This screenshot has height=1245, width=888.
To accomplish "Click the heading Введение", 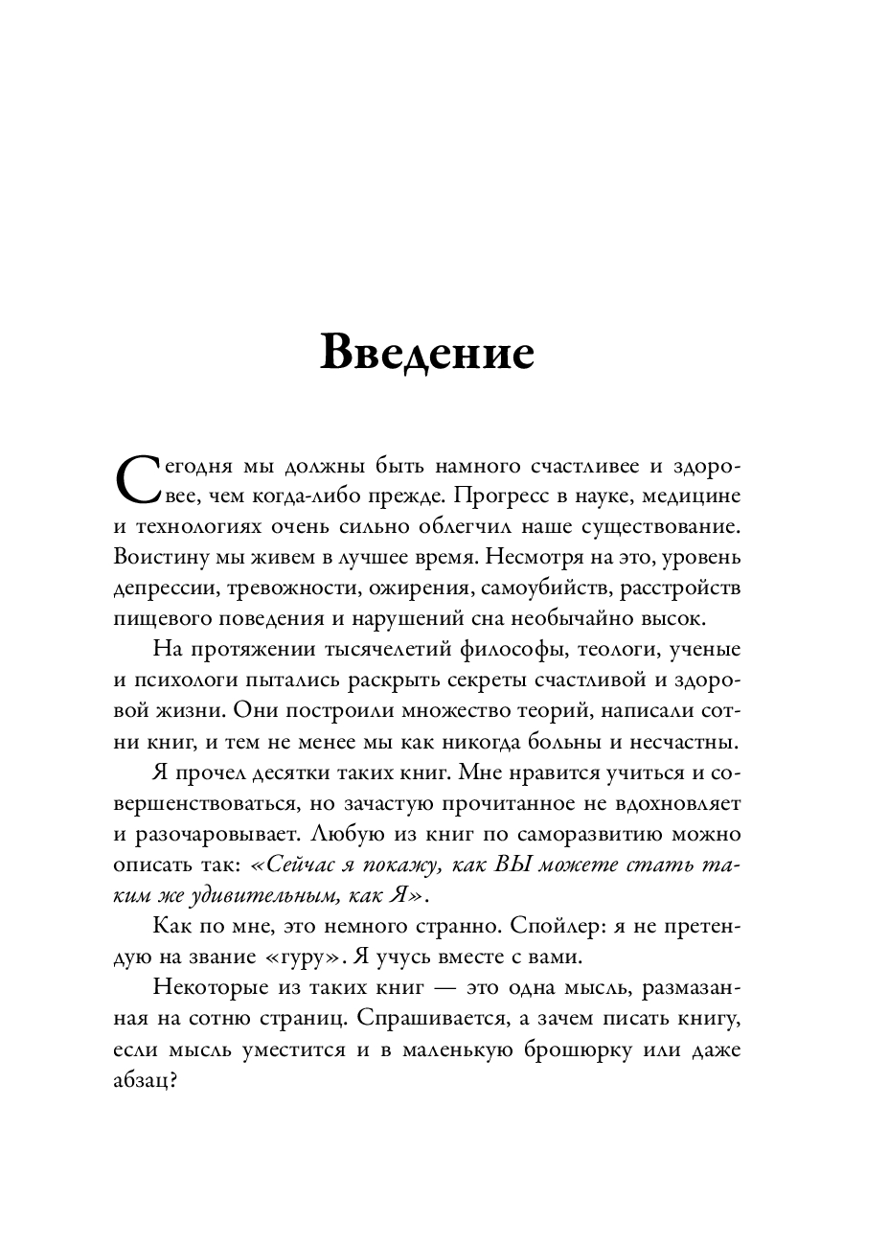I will coord(426,353).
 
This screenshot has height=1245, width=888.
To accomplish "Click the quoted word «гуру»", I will coord(306,958).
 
